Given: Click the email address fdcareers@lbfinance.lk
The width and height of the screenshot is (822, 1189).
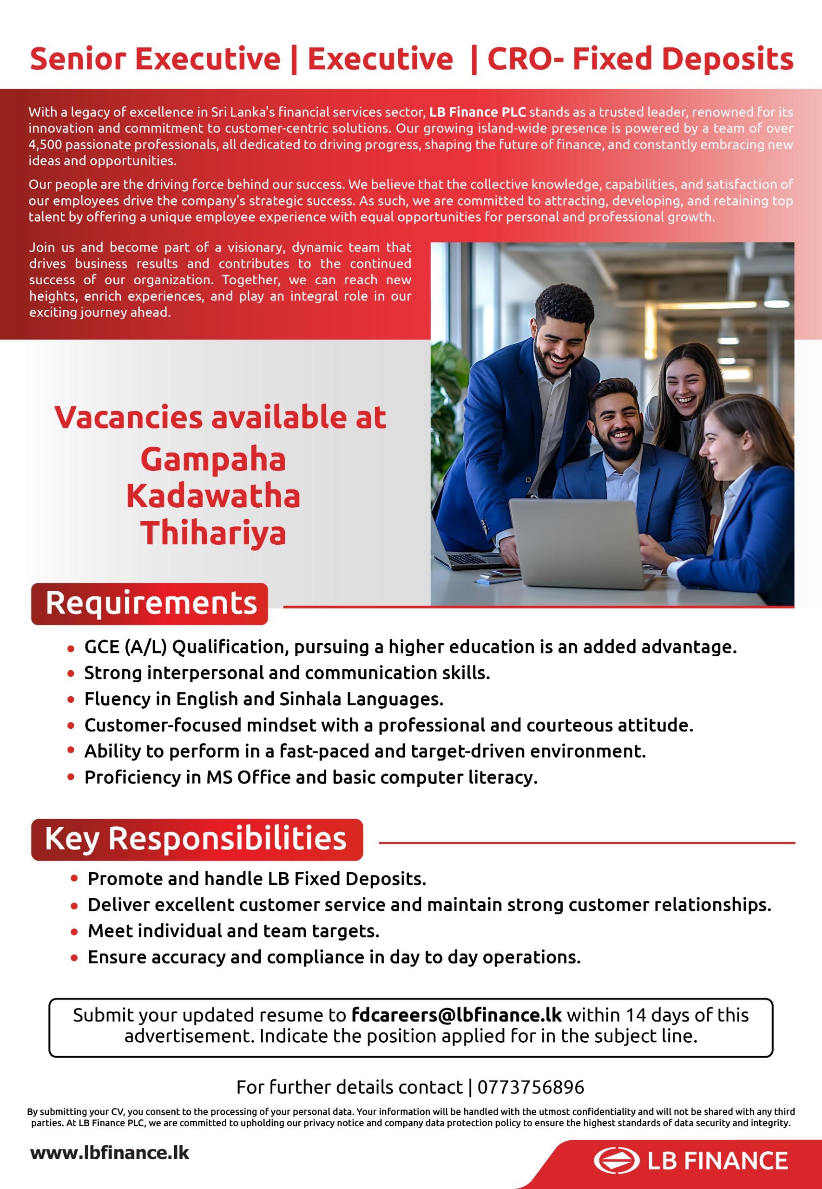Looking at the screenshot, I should tap(456, 1014).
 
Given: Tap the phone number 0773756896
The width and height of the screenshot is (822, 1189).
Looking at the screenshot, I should tap(531, 1087).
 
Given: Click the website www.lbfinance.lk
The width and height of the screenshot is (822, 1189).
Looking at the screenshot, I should tap(110, 1152).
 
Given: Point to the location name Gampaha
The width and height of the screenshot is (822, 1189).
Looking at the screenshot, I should tap(213, 460).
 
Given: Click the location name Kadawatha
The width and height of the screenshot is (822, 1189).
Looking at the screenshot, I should tap(213, 496).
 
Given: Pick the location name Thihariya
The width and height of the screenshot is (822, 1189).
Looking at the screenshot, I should tap(213, 533).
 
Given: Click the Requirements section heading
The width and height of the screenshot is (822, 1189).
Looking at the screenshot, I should tap(151, 603).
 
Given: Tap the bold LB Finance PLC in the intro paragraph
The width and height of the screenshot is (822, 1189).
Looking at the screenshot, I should tap(477, 112).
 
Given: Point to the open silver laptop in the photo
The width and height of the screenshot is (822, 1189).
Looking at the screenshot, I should tap(577, 543).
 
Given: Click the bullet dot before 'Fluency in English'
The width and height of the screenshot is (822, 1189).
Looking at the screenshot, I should tap(71, 699).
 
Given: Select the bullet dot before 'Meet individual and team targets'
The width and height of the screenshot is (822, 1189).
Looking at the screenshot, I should tap(75, 932).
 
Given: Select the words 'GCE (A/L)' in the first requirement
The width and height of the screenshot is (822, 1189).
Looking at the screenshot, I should tap(125, 647).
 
